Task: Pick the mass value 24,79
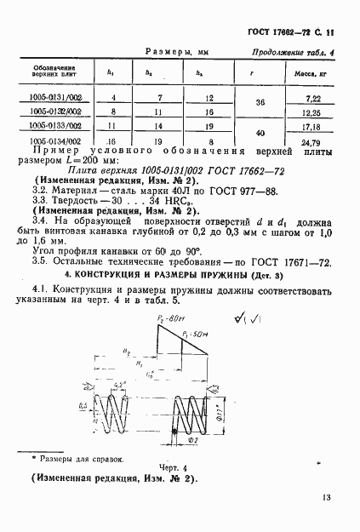coord(312,142)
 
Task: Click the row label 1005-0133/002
coord(56,126)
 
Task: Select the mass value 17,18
coord(312,126)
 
